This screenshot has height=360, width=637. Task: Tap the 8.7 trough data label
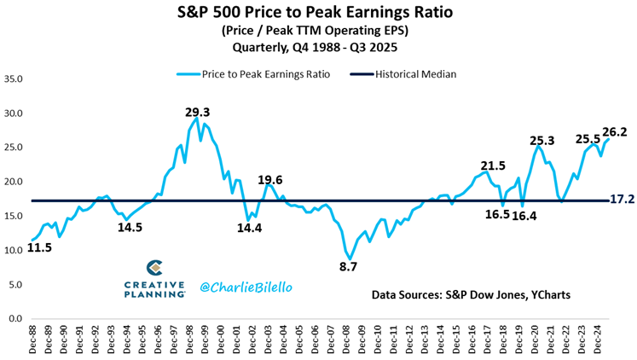(350, 267)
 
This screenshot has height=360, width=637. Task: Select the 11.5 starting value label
(38, 249)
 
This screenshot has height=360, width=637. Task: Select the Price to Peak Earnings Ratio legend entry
(250, 74)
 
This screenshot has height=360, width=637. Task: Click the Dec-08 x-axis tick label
(343, 340)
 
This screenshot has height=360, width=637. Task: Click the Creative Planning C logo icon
(154, 269)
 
